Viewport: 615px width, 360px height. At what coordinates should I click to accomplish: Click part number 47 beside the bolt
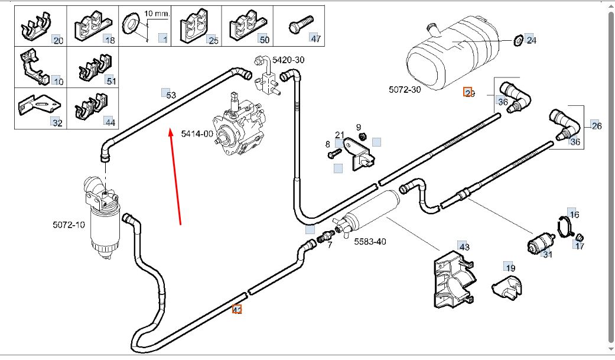(x=315, y=39)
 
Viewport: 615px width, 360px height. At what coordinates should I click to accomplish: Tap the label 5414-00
(x=197, y=134)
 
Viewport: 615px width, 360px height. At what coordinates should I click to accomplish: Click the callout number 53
(x=170, y=95)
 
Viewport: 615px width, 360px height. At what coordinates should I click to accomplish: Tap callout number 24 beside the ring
(x=531, y=40)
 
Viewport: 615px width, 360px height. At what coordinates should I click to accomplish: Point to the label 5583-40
(x=370, y=241)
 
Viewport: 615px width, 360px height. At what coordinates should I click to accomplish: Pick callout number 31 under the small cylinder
(x=548, y=254)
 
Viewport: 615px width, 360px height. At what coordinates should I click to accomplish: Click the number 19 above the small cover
(x=510, y=267)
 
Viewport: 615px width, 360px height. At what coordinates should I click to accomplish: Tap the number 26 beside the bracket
(x=596, y=126)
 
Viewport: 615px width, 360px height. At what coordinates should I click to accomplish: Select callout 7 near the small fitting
(x=330, y=244)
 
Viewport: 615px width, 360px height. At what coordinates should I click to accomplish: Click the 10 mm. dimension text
(x=157, y=12)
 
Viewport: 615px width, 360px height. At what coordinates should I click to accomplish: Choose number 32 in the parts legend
(x=57, y=122)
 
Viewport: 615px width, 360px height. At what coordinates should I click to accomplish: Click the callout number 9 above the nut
(x=358, y=127)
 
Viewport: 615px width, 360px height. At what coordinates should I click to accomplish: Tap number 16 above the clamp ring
(x=574, y=214)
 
